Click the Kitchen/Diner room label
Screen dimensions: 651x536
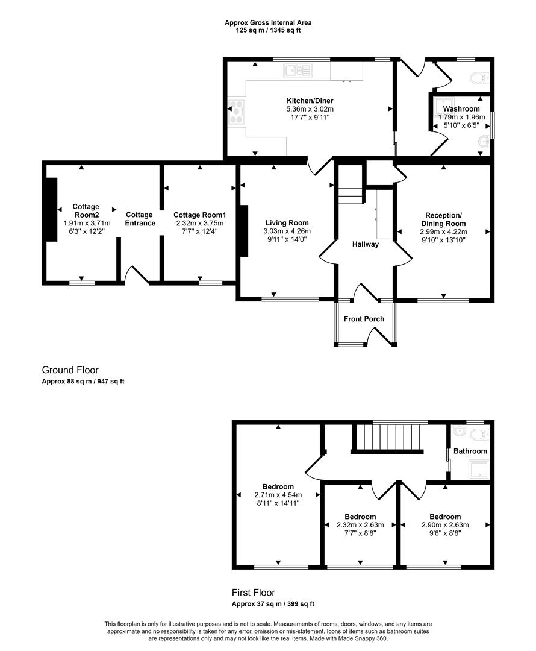(310, 101)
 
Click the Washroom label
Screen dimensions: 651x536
(461, 108)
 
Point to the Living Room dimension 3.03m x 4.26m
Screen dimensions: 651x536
(287, 231)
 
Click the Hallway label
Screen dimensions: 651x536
(366, 244)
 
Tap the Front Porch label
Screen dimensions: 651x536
(364, 319)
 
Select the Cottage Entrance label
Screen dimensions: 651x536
(139, 219)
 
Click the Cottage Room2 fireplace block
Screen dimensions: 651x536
(51, 209)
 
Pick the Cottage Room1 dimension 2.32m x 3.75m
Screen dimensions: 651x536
(199, 223)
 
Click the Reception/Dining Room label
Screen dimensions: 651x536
(443, 219)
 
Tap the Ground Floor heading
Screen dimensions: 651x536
(70, 370)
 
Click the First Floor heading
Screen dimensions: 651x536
(254, 593)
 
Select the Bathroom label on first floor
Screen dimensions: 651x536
(470, 451)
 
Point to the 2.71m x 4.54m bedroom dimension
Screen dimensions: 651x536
(278, 495)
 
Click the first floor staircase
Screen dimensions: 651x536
(389, 436)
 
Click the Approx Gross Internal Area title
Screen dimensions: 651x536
(268, 23)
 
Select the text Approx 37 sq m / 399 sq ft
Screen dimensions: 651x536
(273, 604)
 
